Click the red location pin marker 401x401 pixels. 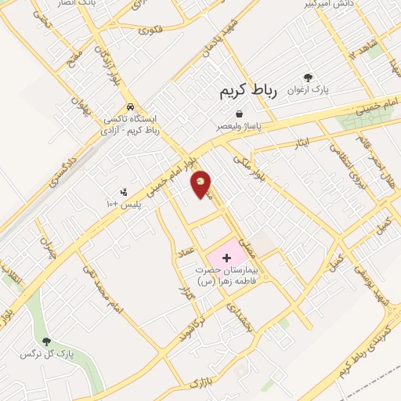[x=201, y=184]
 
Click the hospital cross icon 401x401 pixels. [x=228, y=257]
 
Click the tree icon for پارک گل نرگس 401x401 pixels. [x=46, y=341]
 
